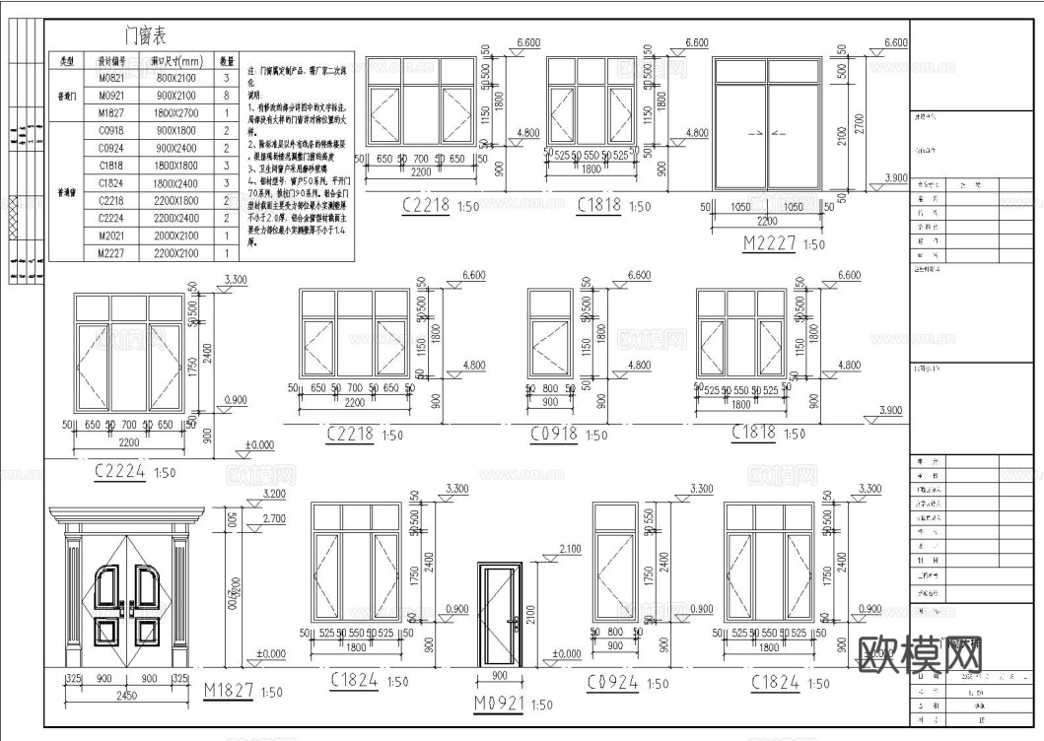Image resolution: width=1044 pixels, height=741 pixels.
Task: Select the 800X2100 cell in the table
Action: click(175, 78)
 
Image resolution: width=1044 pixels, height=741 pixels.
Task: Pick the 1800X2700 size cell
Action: click(175, 113)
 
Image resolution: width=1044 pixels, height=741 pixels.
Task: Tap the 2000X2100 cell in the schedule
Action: click(175, 236)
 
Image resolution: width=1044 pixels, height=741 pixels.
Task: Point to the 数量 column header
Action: click(226, 60)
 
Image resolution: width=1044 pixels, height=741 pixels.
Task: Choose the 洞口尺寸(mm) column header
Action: click(175, 60)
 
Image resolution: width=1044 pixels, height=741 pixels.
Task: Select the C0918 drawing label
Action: click(554, 434)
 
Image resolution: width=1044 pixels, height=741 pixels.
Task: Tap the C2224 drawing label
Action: click(120, 471)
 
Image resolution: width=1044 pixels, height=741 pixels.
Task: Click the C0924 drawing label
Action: click(612, 682)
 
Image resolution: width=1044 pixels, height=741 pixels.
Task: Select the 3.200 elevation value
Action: click(272, 495)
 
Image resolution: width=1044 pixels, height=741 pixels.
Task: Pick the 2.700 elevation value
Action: click(272, 518)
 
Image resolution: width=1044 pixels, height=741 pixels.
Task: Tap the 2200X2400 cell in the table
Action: click(175, 218)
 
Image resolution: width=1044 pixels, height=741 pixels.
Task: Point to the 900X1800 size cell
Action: click(175, 131)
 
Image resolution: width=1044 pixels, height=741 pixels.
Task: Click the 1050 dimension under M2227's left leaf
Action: click(740, 208)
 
